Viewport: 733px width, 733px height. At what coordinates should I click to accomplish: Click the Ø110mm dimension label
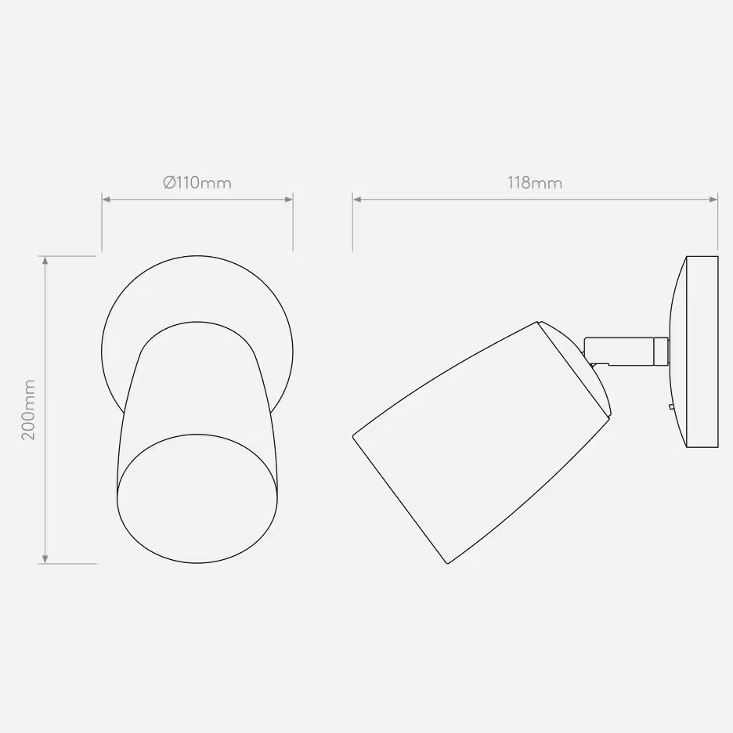point(197,183)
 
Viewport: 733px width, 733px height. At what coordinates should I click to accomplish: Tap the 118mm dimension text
point(534,183)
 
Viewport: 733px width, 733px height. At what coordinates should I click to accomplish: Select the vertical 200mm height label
point(29,410)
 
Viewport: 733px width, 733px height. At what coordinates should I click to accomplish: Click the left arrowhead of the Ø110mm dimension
point(106,200)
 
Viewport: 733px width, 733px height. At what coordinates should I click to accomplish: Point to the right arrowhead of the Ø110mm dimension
point(289,200)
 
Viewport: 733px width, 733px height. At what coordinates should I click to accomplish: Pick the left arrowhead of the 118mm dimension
point(356,200)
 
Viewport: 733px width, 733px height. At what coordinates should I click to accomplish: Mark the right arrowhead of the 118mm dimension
point(713,200)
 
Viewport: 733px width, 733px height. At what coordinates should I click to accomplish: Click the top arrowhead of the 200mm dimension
point(46,261)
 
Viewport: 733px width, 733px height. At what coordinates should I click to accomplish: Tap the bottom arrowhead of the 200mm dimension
point(46,558)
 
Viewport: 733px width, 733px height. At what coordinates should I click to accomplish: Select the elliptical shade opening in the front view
point(197,498)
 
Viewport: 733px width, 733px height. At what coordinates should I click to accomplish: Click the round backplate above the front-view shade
point(197,290)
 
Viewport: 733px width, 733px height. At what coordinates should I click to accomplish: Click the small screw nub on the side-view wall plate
point(671,406)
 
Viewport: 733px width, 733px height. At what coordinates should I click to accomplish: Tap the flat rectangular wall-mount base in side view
point(702,352)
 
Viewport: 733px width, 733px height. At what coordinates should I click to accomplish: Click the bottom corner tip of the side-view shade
point(447,563)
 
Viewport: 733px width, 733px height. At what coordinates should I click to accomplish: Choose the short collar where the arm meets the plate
point(661,350)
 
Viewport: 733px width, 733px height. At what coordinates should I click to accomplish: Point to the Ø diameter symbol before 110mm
point(169,183)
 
